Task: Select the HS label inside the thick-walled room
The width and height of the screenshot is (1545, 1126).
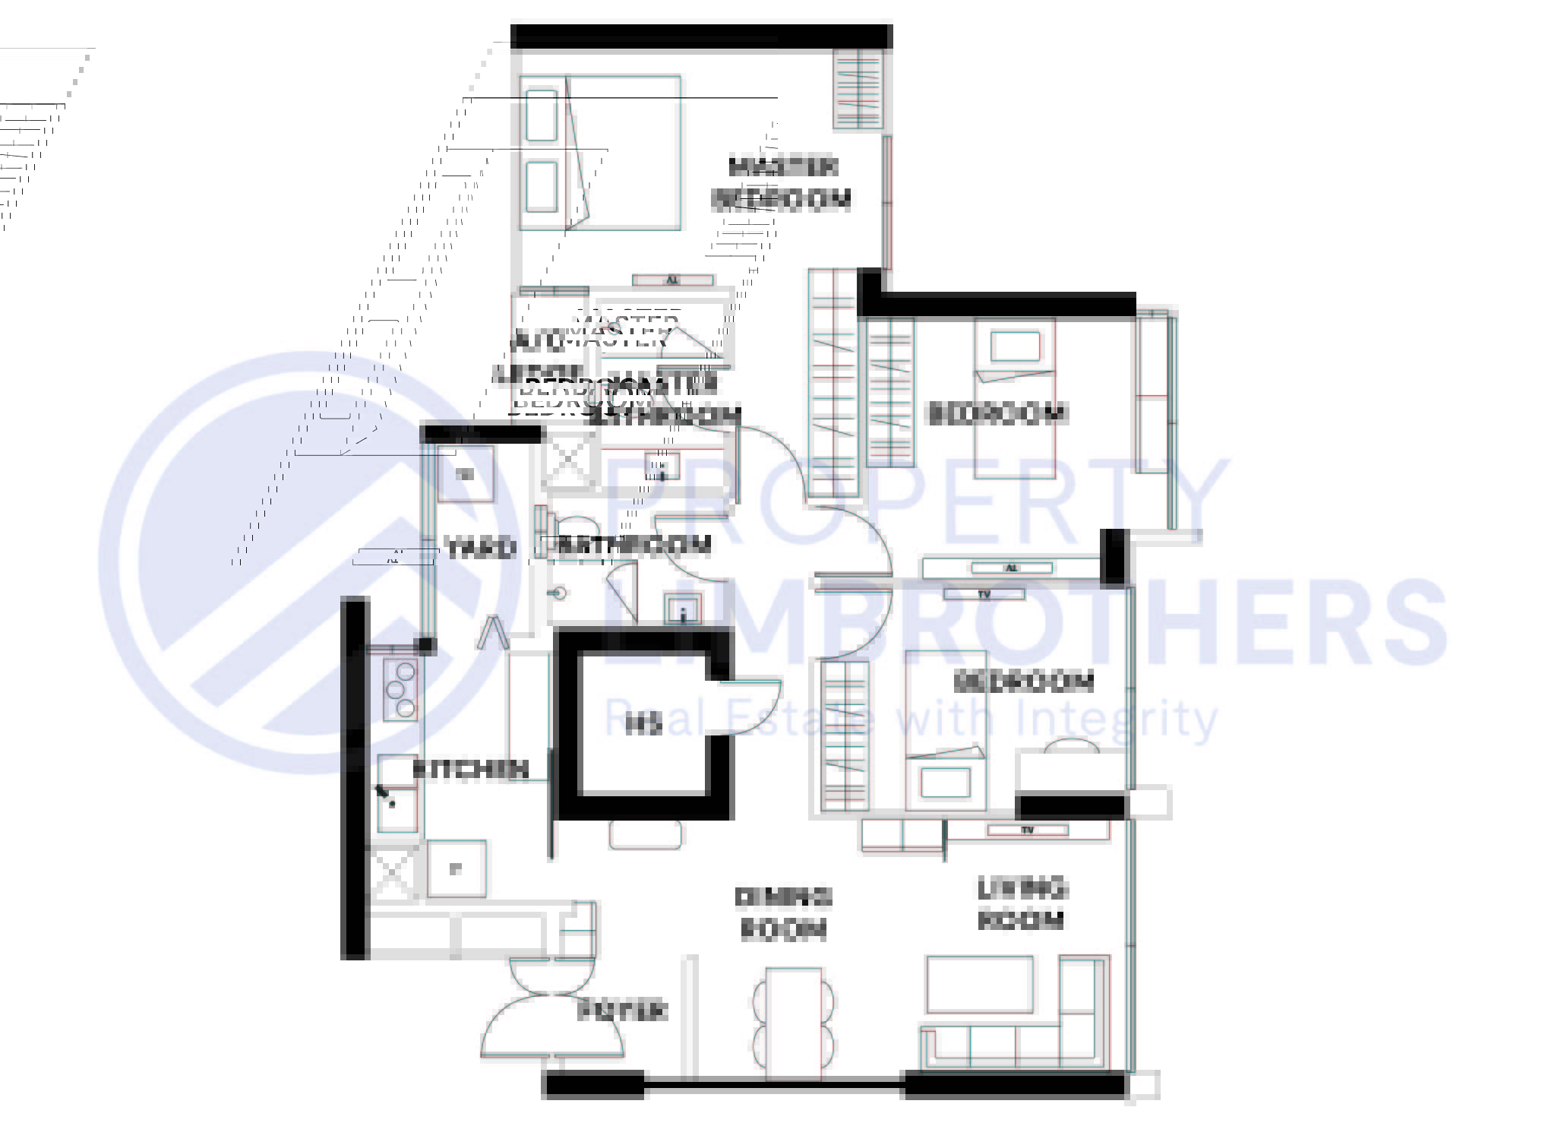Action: [x=643, y=726]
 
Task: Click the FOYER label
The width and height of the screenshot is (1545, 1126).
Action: [x=622, y=1011]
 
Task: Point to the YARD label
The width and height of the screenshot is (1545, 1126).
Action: [x=480, y=548]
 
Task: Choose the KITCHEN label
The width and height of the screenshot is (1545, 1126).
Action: [x=470, y=769]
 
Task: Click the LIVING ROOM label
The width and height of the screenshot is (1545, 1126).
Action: [x=1021, y=904]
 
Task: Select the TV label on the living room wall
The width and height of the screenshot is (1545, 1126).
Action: [x=1027, y=830]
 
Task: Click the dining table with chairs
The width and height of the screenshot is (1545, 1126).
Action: [x=794, y=1023]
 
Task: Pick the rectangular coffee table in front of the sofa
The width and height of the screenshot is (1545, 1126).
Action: [x=980, y=985]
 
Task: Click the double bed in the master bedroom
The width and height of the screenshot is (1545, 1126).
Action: [x=600, y=152]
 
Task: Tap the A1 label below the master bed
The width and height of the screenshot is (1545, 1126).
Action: [x=672, y=280]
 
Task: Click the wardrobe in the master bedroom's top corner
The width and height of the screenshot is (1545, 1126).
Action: [x=860, y=89]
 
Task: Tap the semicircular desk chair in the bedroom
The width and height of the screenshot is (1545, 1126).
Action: [x=1071, y=746]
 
